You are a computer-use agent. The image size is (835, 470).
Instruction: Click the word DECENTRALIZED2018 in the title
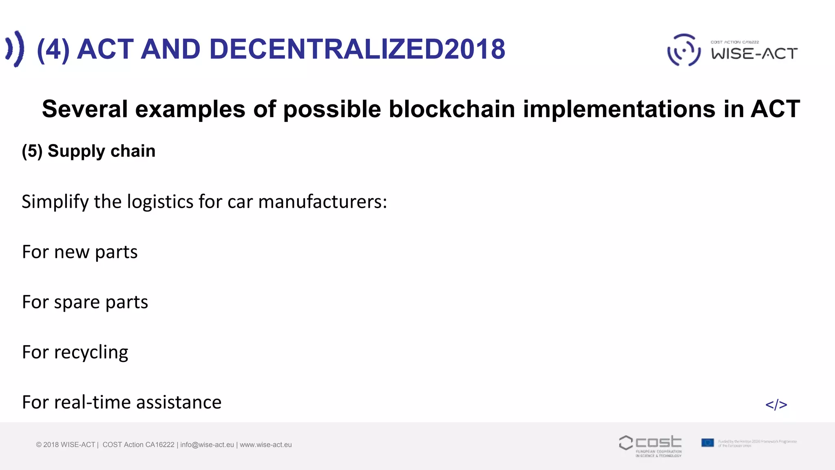(357, 49)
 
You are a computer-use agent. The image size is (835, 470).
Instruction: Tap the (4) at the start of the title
(53, 49)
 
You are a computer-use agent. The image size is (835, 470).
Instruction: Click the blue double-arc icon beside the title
(15, 49)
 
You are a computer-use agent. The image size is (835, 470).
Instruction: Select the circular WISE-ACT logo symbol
(684, 50)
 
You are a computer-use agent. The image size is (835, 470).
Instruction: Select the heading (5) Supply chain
(88, 151)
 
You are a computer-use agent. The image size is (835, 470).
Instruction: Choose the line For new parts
(80, 252)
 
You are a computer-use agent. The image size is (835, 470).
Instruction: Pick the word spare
(77, 302)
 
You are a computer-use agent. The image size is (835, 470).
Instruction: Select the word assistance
(179, 402)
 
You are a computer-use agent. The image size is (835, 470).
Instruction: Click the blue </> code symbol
(776, 405)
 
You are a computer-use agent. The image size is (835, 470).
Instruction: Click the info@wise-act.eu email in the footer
(207, 445)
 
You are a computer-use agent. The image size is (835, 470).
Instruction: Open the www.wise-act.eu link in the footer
(266, 445)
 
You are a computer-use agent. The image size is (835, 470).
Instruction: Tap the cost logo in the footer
(650, 445)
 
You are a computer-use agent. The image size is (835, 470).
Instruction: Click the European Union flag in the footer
(707, 443)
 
